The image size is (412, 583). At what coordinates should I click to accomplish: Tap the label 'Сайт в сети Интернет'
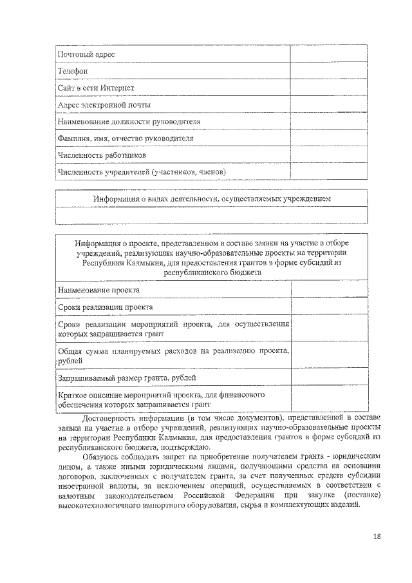[x=96, y=88]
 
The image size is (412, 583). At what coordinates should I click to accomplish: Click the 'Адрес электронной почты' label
[x=104, y=104]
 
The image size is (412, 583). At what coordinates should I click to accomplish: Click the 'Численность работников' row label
[x=102, y=155]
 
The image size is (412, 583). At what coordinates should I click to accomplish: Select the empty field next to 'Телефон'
[x=328, y=71]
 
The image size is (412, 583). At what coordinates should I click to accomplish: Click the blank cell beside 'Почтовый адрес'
[x=328, y=54]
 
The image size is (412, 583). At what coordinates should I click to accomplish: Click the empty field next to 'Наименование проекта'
[x=329, y=290]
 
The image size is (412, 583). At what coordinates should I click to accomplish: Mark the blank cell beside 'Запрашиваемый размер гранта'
[x=329, y=377]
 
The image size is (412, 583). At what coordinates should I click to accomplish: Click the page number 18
[x=377, y=535]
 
